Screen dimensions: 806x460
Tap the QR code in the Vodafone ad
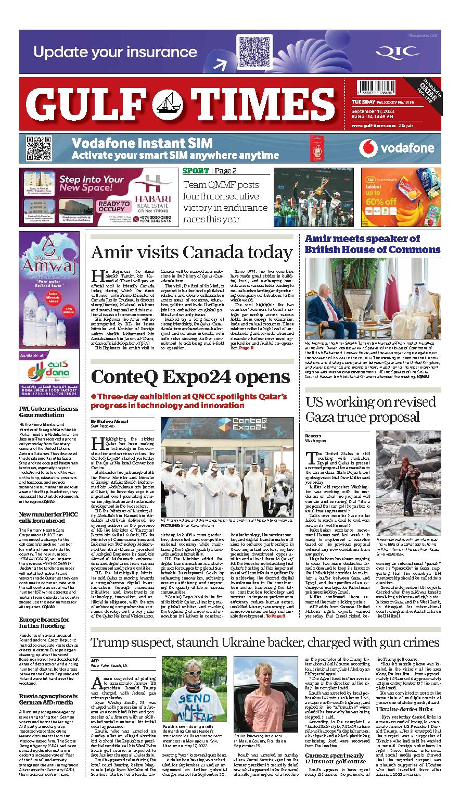39,148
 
